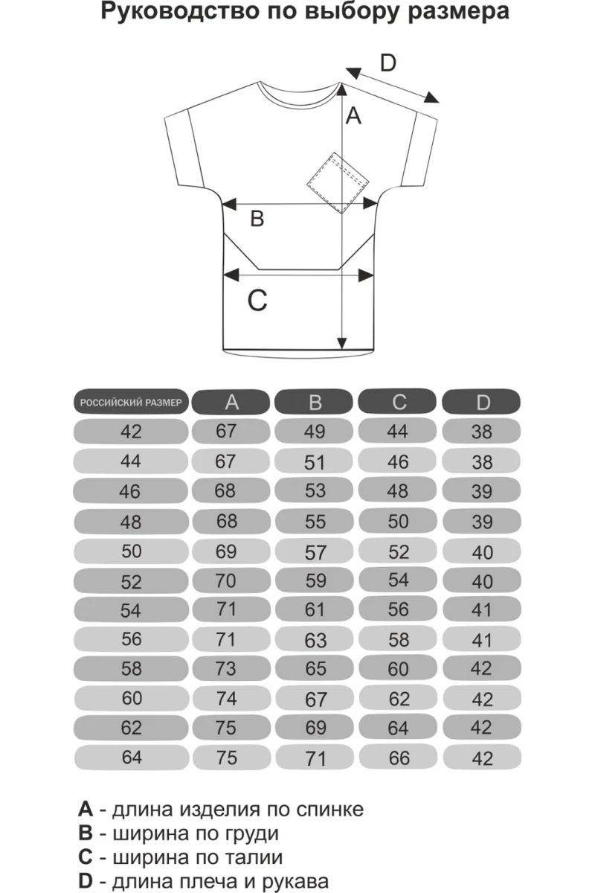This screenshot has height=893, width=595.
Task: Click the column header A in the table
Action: tap(232, 403)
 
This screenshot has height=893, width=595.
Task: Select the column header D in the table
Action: tap(483, 403)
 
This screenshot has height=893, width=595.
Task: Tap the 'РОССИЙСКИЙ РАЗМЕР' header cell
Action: tap(131, 403)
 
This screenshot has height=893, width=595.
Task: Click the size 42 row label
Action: tap(131, 432)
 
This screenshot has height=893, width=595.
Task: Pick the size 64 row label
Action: tap(131, 758)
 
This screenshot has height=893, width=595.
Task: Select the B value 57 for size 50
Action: tap(315, 553)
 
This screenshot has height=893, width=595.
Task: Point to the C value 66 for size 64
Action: tap(399, 758)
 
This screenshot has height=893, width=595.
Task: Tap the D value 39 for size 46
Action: tap(483, 492)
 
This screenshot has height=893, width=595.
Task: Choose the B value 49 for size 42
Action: tap(315, 432)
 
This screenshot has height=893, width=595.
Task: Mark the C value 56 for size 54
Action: tap(399, 609)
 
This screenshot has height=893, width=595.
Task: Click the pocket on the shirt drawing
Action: tap(337, 182)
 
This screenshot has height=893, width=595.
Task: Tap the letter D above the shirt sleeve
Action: tap(388, 64)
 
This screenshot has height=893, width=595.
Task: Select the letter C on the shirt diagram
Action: tap(257, 301)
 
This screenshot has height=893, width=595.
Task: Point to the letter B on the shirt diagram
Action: tap(256, 220)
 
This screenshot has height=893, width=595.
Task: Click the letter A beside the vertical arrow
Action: tap(355, 116)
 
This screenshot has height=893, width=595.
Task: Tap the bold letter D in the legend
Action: tap(86, 882)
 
